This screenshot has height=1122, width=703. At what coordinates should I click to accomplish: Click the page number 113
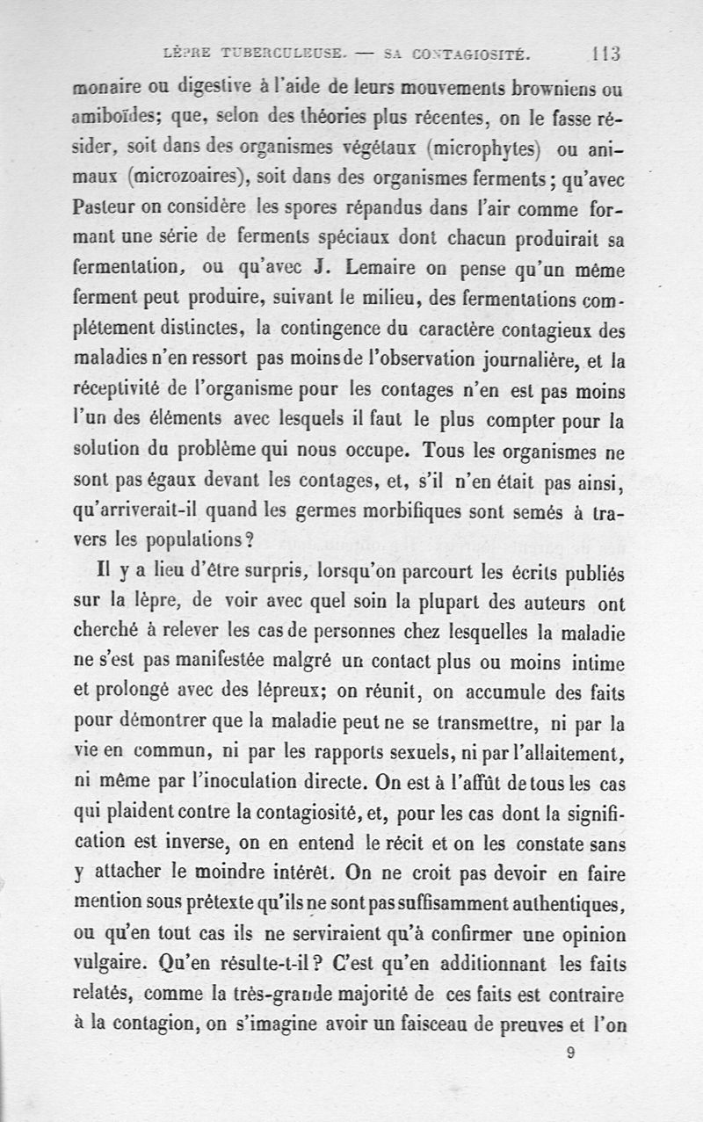pyautogui.click(x=606, y=54)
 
